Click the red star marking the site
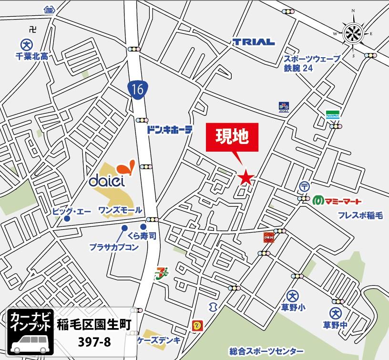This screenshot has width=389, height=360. click(x=246, y=177)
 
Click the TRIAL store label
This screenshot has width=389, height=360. click(x=254, y=42)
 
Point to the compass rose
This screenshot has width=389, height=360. click(x=354, y=33)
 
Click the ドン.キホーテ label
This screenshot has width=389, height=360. click(x=170, y=129)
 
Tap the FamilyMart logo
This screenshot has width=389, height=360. click(x=332, y=114)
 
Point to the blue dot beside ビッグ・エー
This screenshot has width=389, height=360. click(x=68, y=218)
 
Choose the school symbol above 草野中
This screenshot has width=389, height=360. click(x=336, y=312)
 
